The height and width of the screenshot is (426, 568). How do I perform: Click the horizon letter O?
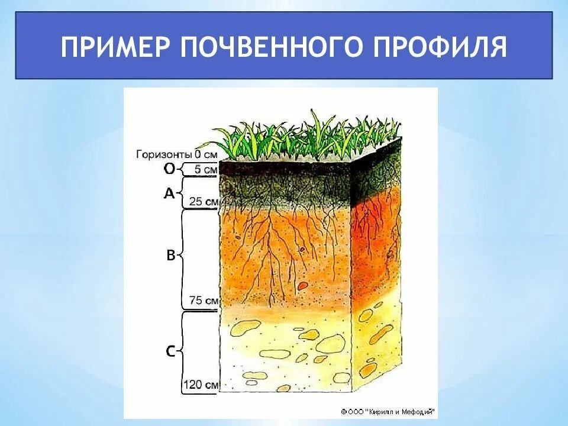click(169, 169)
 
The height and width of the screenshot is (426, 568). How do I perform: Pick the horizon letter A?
click(169, 192)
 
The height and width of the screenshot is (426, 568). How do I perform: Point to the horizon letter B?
click(170, 256)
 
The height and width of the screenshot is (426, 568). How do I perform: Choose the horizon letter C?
click(170, 351)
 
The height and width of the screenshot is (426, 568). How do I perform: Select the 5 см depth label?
click(205, 170)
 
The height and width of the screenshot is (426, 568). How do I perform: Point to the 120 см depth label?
click(201, 385)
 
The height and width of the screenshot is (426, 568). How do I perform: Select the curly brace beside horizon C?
click(181, 351)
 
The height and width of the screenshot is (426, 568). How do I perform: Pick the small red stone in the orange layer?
click(302, 286)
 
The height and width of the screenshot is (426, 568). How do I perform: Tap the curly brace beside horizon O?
click(181, 169)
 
